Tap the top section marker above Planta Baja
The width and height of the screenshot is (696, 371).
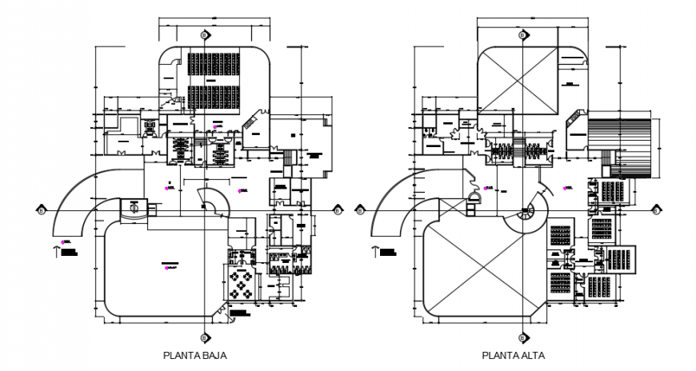click(204, 36)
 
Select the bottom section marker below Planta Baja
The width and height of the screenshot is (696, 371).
click(204, 337)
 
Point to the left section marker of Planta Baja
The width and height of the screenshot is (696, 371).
click(40, 210)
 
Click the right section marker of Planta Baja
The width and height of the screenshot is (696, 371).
click(338, 210)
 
